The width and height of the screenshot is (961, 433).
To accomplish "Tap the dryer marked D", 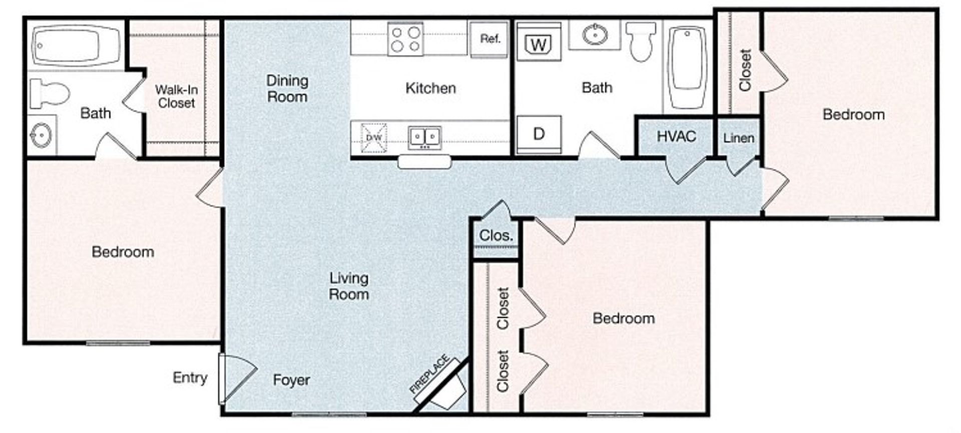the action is pos(539,134).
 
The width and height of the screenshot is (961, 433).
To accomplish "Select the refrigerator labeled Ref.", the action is pos(490,40).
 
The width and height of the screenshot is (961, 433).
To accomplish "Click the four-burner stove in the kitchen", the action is pos(405,39).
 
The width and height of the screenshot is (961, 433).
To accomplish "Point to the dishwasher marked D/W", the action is pos(374,138).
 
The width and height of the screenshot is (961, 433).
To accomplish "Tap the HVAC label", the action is pos(676,136).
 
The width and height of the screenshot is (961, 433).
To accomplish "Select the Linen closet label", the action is pos(738,138).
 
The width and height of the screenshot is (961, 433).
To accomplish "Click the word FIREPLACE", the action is pos(429,375).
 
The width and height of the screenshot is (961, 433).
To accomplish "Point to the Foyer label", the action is pos(291,380).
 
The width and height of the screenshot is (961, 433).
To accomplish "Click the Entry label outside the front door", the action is pos(190,378).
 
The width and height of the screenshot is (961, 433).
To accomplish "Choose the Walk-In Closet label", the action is pos(176,96).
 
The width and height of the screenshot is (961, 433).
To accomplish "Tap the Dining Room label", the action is pos(287,89).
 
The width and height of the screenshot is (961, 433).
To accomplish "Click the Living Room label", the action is pos(349,286).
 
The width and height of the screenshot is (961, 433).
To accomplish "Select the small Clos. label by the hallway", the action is pos(496,235).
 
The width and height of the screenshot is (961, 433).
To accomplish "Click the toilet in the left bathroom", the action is pos(49,94).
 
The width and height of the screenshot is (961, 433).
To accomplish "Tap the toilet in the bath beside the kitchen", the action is pos(641,41).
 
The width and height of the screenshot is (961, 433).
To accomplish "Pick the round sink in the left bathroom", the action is pos(42,135).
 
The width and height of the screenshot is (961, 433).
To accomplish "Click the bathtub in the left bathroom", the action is pos(76,46).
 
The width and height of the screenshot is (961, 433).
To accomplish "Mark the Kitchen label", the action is pos(430,89).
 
